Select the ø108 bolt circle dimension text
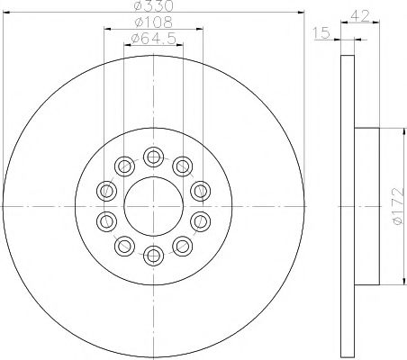[x=145, y=22]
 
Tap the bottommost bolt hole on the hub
[x=154, y=255]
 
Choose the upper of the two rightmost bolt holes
[x=200, y=190]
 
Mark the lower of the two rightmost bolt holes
[x=200, y=221]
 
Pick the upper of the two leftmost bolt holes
[x=107, y=190]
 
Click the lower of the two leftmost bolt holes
[x=107, y=221]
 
